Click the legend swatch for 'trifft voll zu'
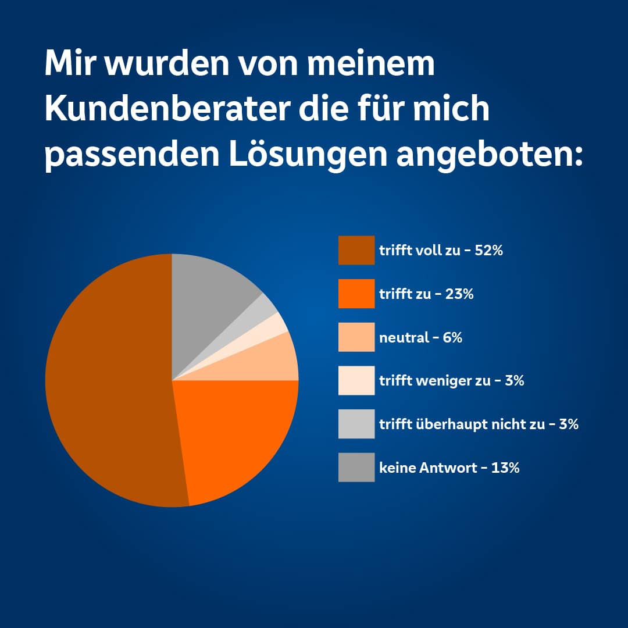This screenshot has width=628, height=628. pyautogui.click(x=356, y=250)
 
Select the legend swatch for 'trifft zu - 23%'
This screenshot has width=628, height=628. pyautogui.click(x=356, y=294)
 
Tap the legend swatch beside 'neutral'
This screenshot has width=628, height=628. pyautogui.click(x=356, y=337)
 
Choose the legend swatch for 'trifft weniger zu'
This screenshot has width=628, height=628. pyautogui.click(x=356, y=380)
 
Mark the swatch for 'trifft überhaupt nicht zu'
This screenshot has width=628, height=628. pyautogui.click(x=356, y=424)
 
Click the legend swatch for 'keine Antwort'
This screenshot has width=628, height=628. pyautogui.click(x=356, y=467)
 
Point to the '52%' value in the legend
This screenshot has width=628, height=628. pyautogui.click(x=488, y=251)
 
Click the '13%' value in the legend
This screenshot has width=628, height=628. pyautogui.click(x=505, y=468)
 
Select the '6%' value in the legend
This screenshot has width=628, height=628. pyautogui.click(x=452, y=337)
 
